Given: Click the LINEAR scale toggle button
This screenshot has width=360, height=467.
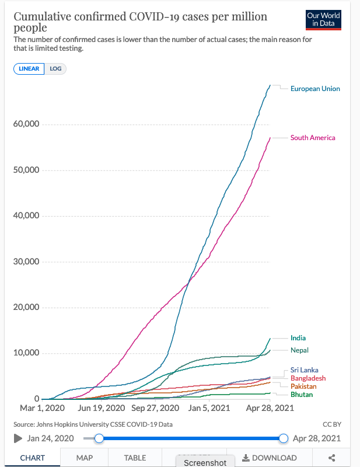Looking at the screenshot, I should (29, 68).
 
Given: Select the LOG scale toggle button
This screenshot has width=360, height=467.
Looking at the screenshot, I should (55, 68).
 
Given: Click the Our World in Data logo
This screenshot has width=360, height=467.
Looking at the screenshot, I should (323, 20).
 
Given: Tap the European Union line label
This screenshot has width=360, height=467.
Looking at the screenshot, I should (315, 89).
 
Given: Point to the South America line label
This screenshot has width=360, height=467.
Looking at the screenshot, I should (313, 138).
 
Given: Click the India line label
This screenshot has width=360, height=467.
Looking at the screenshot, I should (298, 338).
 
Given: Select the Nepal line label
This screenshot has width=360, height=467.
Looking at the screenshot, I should (299, 350).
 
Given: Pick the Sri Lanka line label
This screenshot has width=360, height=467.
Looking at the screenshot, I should (305, 370).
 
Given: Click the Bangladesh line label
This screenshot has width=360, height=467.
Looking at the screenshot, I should (308, 378).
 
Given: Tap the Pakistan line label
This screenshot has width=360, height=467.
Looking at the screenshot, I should (303, 386).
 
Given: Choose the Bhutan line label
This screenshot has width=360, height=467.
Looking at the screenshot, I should (302, 395).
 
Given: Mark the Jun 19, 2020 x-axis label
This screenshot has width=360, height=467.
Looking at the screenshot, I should (100, 409).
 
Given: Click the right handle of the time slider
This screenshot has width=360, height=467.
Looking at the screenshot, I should (284, 438).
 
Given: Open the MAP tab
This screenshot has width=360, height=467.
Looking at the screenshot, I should (85, 458).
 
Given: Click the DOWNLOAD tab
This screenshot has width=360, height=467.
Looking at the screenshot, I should (270, 458).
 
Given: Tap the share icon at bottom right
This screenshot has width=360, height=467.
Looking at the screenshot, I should (332, 458).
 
